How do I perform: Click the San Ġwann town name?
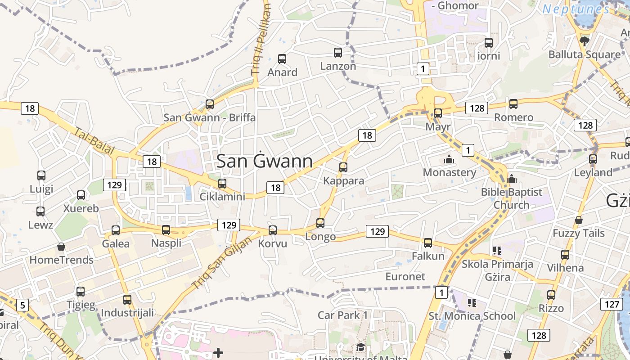coord(265,161)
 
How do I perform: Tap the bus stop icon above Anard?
coord(282,59)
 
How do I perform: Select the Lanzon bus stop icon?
coord(338,53)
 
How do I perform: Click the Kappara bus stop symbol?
coord(343,167)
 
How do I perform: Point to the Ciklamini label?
coord(222,197)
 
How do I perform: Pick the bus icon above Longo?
coord(320,223)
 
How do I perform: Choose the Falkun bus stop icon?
coord(428,243)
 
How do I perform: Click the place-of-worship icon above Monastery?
coord(449,160)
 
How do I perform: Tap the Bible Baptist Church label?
coord(512,198)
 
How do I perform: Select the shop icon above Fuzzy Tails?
coord(579,220)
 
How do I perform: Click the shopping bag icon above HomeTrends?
coord(61,247)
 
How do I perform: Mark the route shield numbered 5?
coord(22,306)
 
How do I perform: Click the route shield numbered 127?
coord(612,304)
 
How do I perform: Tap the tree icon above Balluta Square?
coord(585,41)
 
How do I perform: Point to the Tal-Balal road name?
coord(94,141)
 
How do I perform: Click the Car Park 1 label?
coord(343,315)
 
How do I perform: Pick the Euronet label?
coord(405,276)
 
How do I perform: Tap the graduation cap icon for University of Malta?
coord(360,347)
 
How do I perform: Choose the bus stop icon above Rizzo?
coord(551,295)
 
